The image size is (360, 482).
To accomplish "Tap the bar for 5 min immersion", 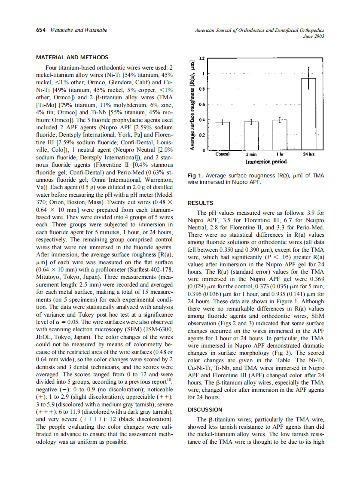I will (x=251, y=135).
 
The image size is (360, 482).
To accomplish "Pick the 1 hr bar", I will (x=280, y=134).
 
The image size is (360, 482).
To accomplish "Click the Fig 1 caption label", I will (x=195, y=176).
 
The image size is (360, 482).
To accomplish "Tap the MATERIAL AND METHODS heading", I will (x=72, y=58).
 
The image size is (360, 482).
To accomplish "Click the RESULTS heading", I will (x=201, y=203).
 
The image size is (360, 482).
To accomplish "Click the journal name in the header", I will (x=259, y=30).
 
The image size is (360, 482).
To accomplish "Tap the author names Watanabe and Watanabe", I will (x=79, y=30).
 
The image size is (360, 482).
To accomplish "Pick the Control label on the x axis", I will (x=222, y=154).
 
